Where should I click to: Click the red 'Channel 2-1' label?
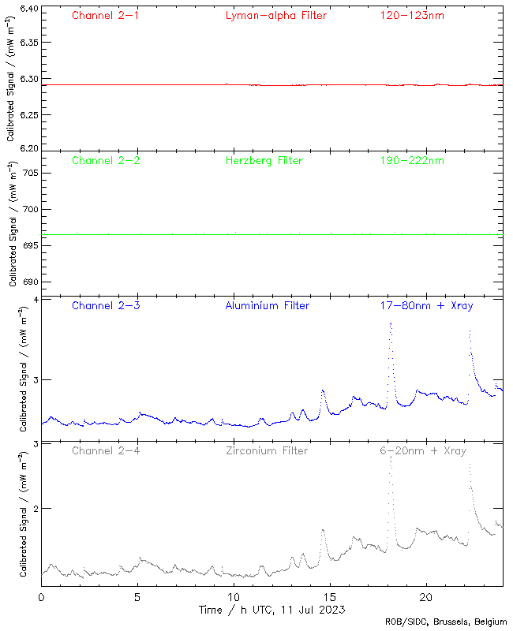[x=106, y=15]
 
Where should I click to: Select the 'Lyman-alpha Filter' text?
[x=275, y=15]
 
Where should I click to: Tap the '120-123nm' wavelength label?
[x=411, y=15]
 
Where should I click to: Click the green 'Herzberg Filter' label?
[x=264, y=160]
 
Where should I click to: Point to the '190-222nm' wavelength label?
[x=411, y=160]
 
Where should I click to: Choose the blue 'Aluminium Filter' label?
[x=267, y=305]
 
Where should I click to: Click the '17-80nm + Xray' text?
[x=426, y=305]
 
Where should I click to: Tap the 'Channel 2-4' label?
[x=106, y=450]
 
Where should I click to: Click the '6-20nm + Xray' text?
[x=422, y=450]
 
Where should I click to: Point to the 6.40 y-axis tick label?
[x=28, y=9]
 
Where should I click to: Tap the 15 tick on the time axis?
[x=330, y=597]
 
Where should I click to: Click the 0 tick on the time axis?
[x=41, y=597]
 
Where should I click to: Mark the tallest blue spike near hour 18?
[x=390, y=323]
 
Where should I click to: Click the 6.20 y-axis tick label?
[x=28, y=147]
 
